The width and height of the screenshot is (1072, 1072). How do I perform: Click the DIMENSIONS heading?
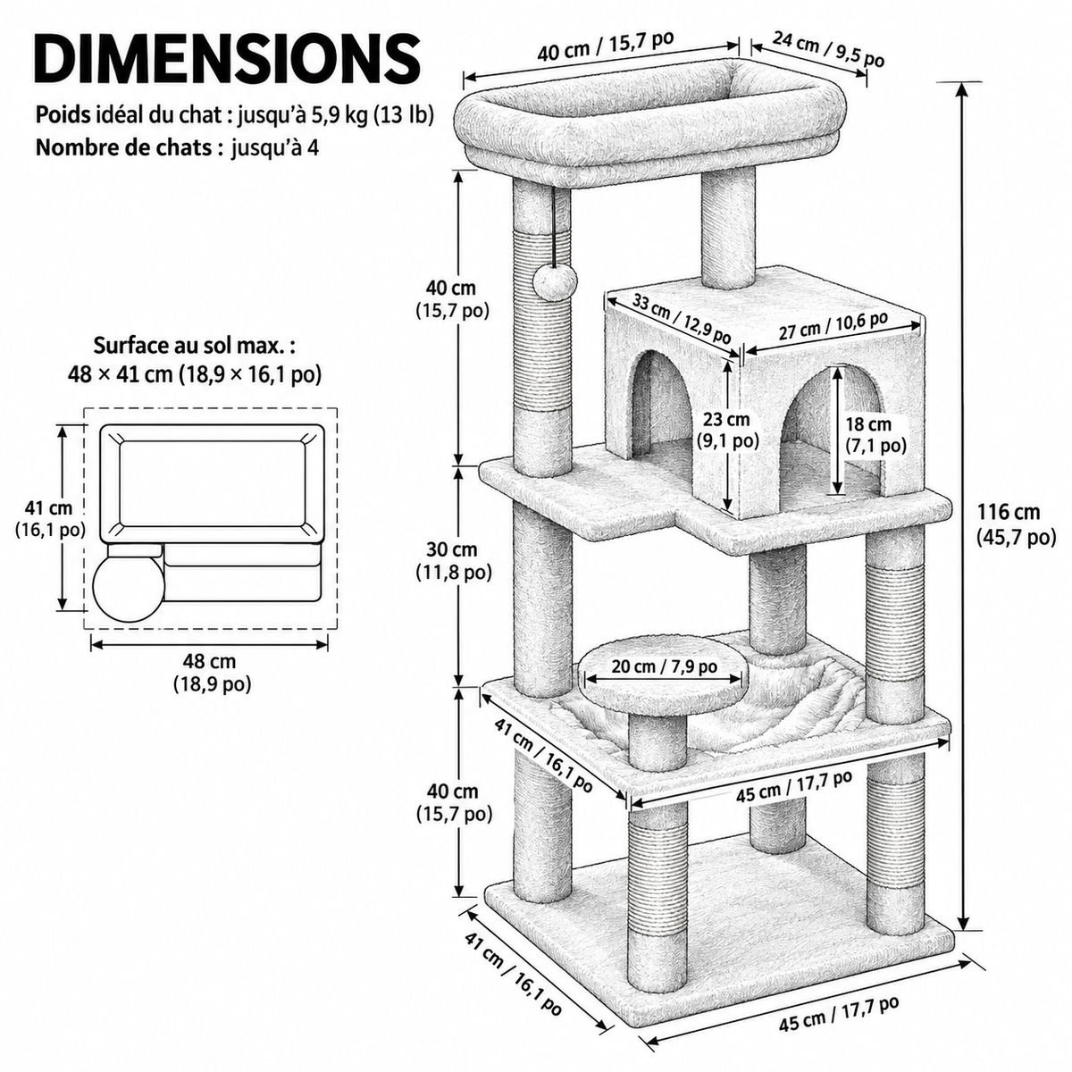tap(228, 60)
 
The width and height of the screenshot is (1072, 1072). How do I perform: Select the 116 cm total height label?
tap(1016, 523)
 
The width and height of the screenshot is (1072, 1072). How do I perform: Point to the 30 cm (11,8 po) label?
tap(454, 560)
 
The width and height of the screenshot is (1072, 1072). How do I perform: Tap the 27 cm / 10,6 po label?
tap(833, 325)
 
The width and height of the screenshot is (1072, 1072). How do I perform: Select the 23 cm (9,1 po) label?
tap(727, 430)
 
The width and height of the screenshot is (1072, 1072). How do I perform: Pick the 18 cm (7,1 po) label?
tap(875, 434)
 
